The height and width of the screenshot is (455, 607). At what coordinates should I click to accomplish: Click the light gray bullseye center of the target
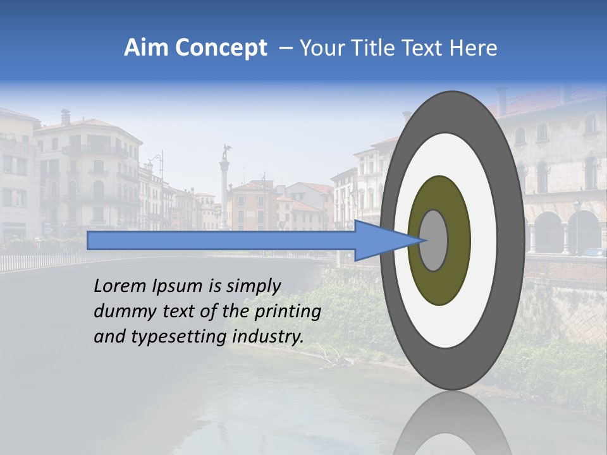(433, 240)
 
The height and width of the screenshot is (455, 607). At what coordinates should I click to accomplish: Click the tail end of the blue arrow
(89, 240)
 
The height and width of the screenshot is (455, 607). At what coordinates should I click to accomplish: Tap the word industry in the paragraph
(268, 337)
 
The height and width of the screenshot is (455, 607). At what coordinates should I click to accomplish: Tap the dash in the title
(285, 48)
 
